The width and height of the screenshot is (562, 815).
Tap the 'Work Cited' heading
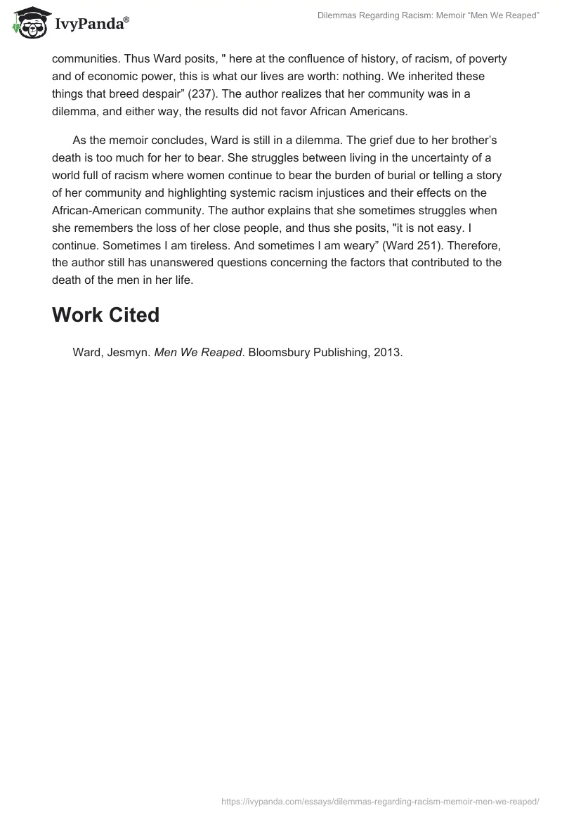(105, 315)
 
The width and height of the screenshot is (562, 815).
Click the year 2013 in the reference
(387, 352)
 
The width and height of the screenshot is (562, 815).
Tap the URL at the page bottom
(379, 800)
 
